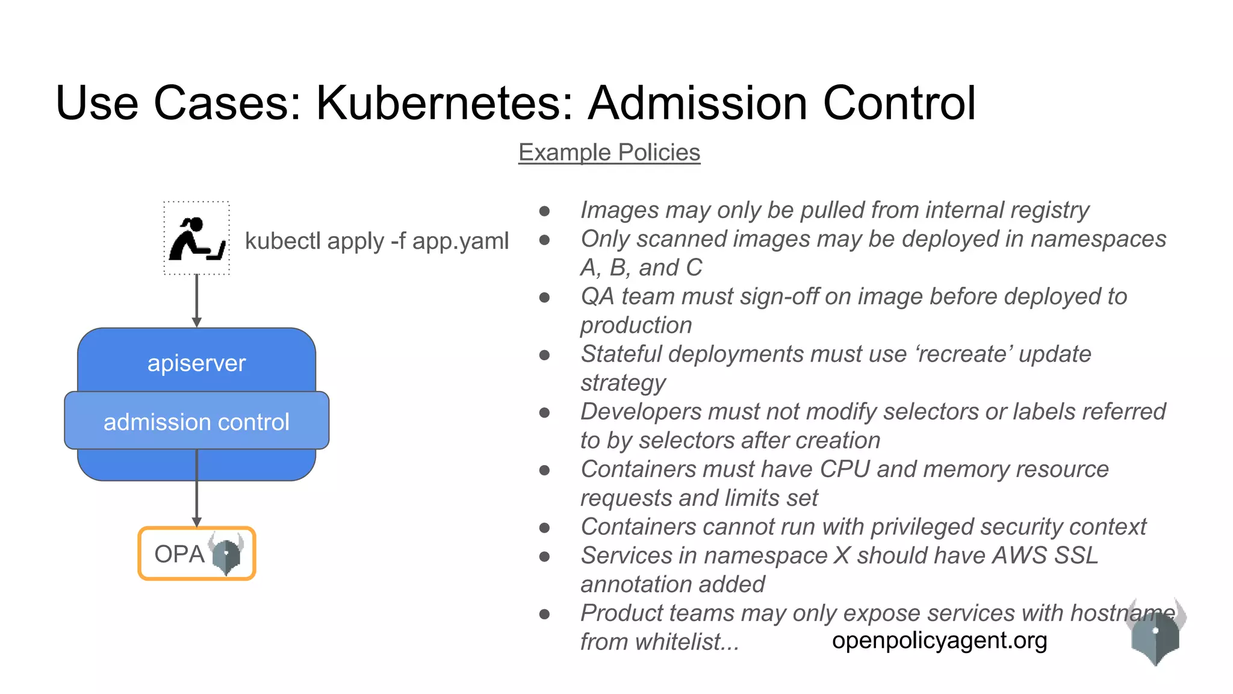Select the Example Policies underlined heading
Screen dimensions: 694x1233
(609, 152)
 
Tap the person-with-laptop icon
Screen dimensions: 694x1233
(197, 239)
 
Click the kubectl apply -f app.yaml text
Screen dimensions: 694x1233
(377, 241)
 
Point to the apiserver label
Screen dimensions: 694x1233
(197, 363)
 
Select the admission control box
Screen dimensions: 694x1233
(197, 421)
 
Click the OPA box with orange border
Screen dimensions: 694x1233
(197, 554)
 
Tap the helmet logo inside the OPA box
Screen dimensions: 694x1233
(226, 553)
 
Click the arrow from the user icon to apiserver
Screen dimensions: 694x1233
(197, 301)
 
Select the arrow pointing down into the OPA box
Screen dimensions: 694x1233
(197, 494)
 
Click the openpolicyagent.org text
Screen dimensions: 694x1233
(939, 640)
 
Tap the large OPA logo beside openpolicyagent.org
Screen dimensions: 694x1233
(1155, 633)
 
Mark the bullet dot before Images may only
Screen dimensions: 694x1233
(545, 211)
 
